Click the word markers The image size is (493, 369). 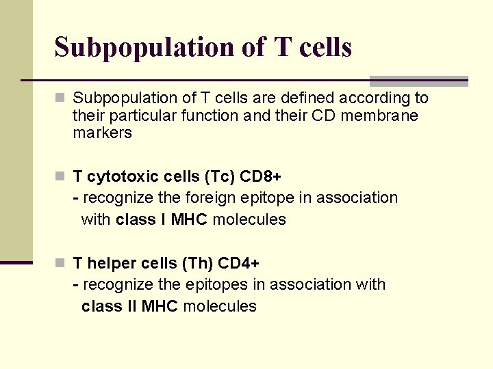click(102, 133)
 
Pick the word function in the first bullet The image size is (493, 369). click(206, 115)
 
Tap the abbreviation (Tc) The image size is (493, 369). click(219, 176)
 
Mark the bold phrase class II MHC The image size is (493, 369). click(129, 306)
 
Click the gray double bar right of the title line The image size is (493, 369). click(418, 81)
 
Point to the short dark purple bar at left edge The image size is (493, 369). click(16, 262)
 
